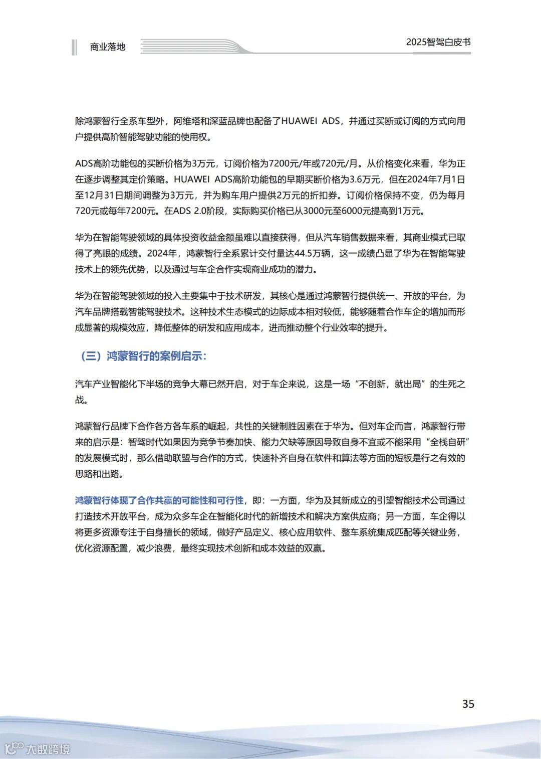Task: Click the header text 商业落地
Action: click(x=107, y=47)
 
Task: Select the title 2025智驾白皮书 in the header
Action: click(x=438, y=42)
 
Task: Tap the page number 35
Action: click(x=468, y=704)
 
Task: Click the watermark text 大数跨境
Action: click(x=48, y=749)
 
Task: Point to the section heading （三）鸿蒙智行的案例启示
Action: click(x=143, y=356)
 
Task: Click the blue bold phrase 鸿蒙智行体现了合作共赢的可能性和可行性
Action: click(x=159, y=500)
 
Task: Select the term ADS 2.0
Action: click(x=190, y=211)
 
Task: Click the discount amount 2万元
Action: click(x=288, y=195)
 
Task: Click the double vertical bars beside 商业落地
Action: click(x=75, y=47)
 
